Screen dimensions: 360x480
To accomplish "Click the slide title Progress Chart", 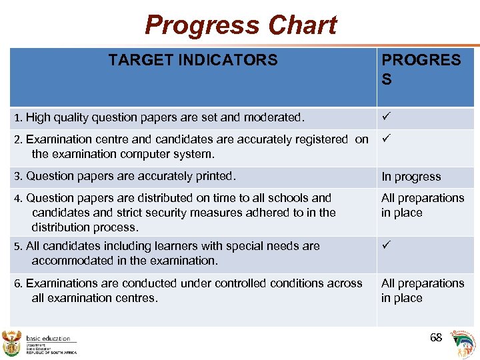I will point(241,25).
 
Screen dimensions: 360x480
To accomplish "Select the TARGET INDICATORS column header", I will point(193,60).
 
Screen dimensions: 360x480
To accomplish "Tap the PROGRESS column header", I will point(421,69).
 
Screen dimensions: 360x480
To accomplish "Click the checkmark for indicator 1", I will point(385,117).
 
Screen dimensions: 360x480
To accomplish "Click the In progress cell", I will point(411,177).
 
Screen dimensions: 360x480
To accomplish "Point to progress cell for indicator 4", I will point(422,205).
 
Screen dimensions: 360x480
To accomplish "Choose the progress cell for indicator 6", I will point(422,291).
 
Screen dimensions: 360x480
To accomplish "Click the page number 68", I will point(436,337).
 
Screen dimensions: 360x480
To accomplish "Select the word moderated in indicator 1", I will point(275,117).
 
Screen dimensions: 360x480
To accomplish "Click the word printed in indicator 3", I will point(213,176).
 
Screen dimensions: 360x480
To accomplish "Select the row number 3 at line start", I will point(17,177).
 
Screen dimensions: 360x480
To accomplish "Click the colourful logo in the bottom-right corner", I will point(464,343).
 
